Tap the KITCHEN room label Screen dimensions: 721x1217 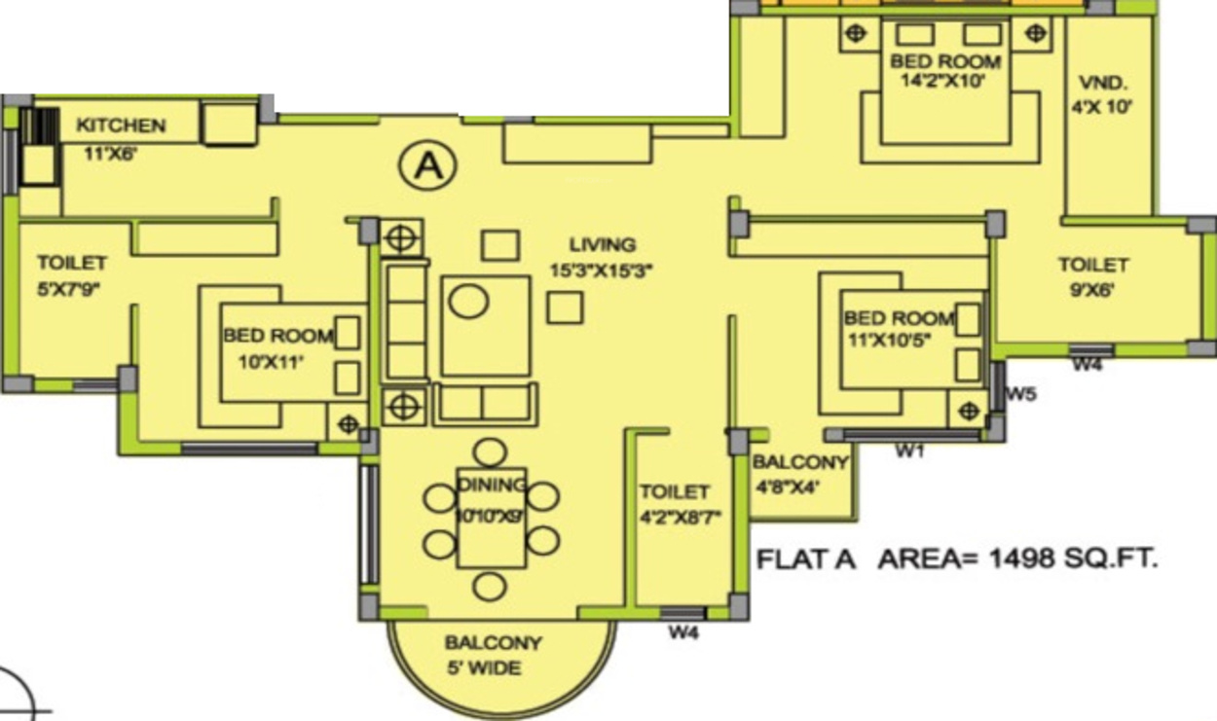coord(121,126)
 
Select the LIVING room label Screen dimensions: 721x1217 coord(603,245)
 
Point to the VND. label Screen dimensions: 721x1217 coord(1103,82)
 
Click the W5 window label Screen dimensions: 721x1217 coord(1020,394)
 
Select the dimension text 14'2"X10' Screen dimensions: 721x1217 coord(944,82)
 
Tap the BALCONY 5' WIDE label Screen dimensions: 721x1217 coord(493,655)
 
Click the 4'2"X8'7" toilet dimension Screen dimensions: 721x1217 coord(680,518)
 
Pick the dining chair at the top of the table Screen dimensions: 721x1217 coord(491,452)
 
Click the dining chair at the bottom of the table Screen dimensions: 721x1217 coord(490,587)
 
